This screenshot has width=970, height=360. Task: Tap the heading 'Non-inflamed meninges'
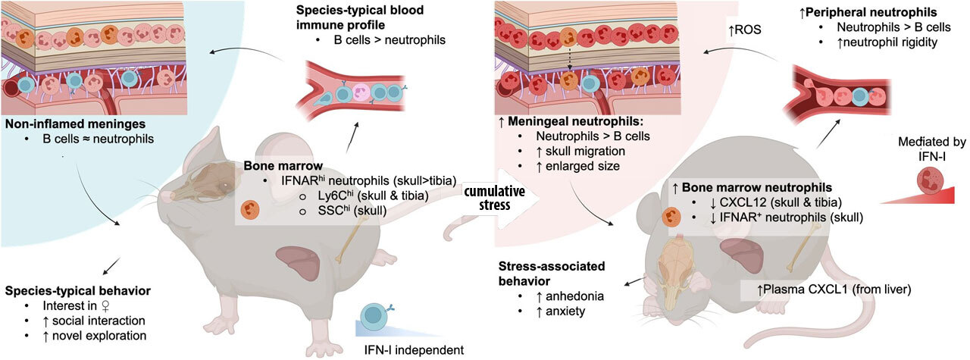click(68, 124)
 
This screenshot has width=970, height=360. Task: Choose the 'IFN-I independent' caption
click(407, 349)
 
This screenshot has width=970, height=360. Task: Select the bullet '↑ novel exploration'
click(99, 335)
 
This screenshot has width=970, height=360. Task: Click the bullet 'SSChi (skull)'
click(336, 214)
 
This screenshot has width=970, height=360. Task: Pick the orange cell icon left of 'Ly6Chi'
click(248, 210)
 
